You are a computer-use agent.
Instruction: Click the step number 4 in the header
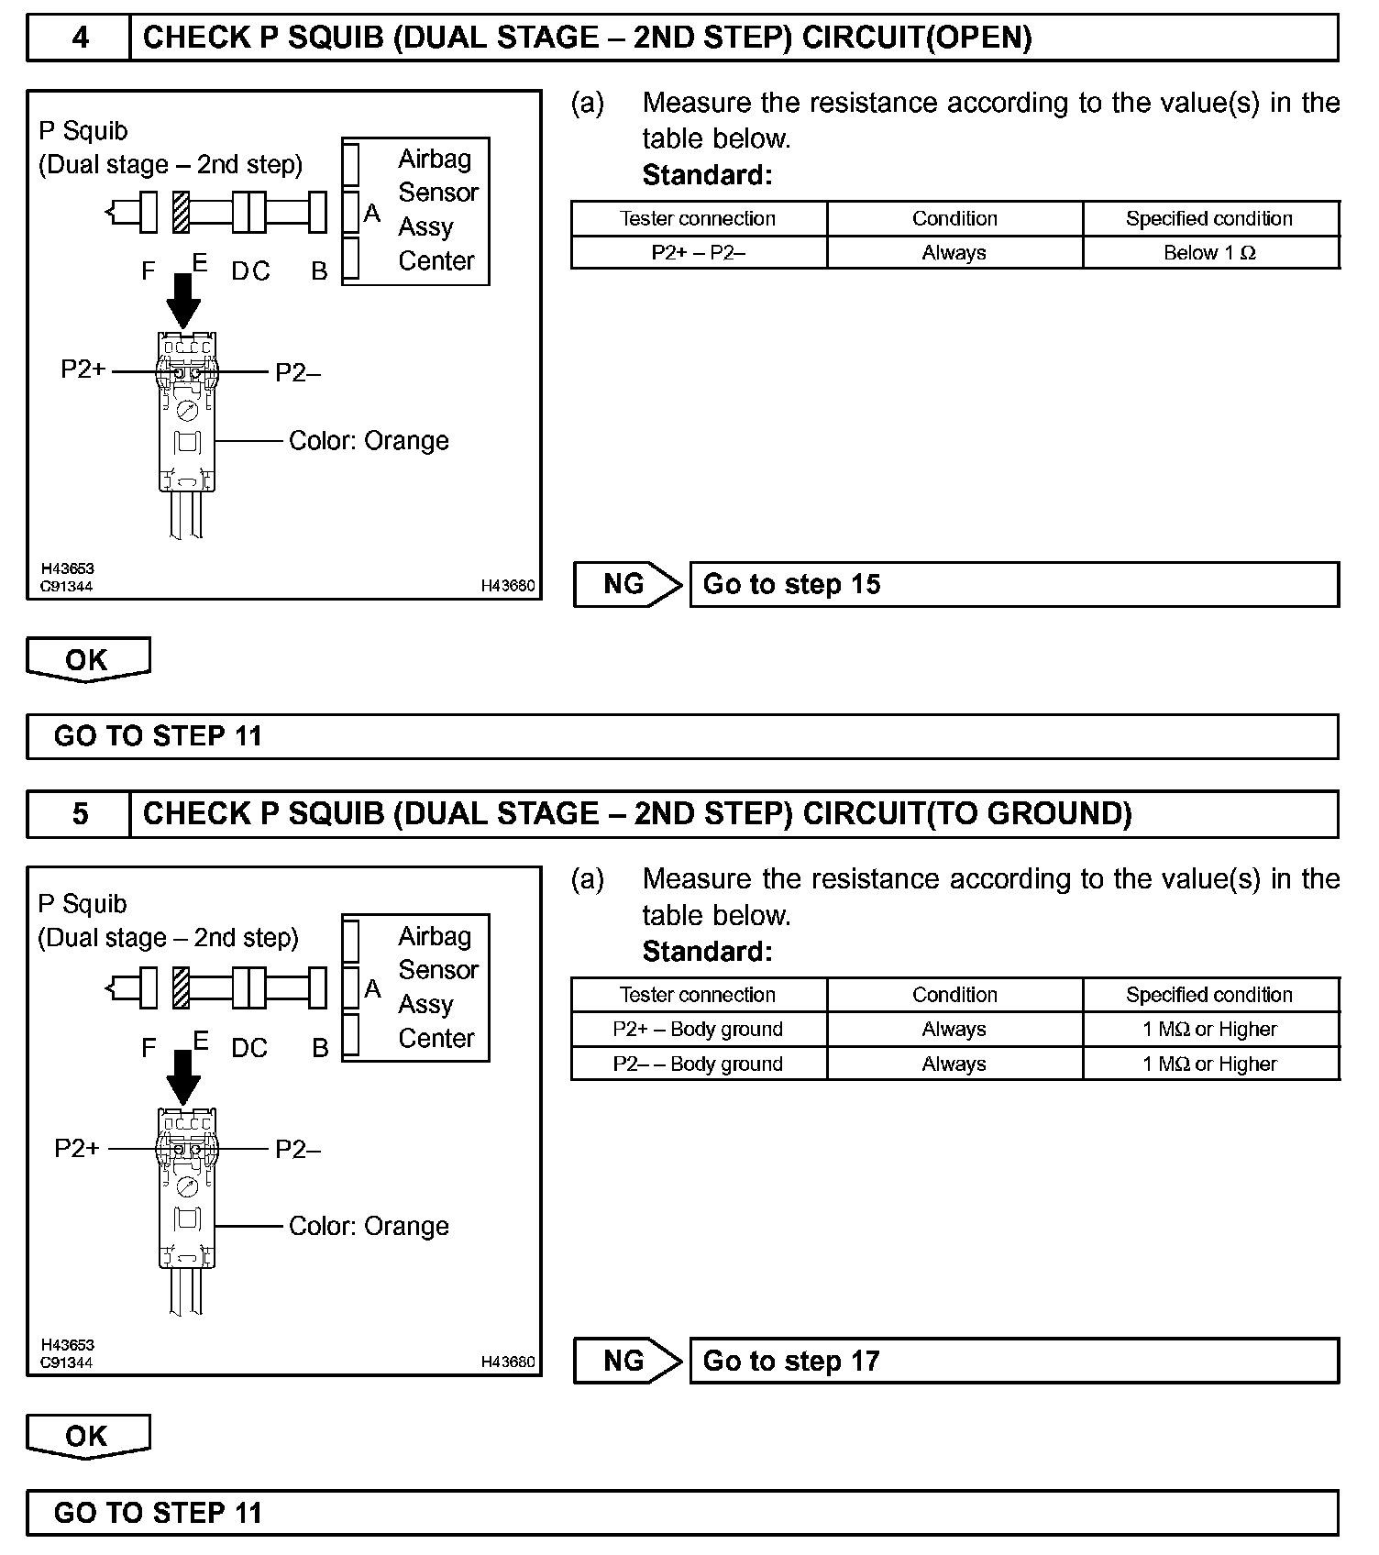pos(80,38)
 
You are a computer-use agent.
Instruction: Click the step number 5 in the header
pos(80,814)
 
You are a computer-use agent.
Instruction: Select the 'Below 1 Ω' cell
pos(1209,253)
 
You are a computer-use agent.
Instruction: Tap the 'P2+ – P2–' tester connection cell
pos(698,253)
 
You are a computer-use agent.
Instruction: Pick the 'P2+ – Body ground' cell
pos(698,1030)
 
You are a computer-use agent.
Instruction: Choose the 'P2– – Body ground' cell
pos(698,1064)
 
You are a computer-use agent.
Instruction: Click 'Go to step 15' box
pos(1013,585)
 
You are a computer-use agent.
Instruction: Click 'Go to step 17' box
pos(1013,1362)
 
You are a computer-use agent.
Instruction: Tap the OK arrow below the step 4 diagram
pos(88,660)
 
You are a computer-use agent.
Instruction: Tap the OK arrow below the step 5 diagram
pos(88,1437)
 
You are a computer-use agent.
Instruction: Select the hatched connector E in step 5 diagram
pos(182,988)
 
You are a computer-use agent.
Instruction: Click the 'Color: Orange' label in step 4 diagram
pos(369,441)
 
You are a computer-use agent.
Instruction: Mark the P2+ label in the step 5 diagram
pos(77,1149)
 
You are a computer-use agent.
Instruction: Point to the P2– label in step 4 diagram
pos(298,372)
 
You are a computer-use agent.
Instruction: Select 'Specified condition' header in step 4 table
pos(1209,219)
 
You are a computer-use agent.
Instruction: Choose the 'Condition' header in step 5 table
pos(954,996)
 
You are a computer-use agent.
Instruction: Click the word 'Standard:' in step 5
pos(707,952)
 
